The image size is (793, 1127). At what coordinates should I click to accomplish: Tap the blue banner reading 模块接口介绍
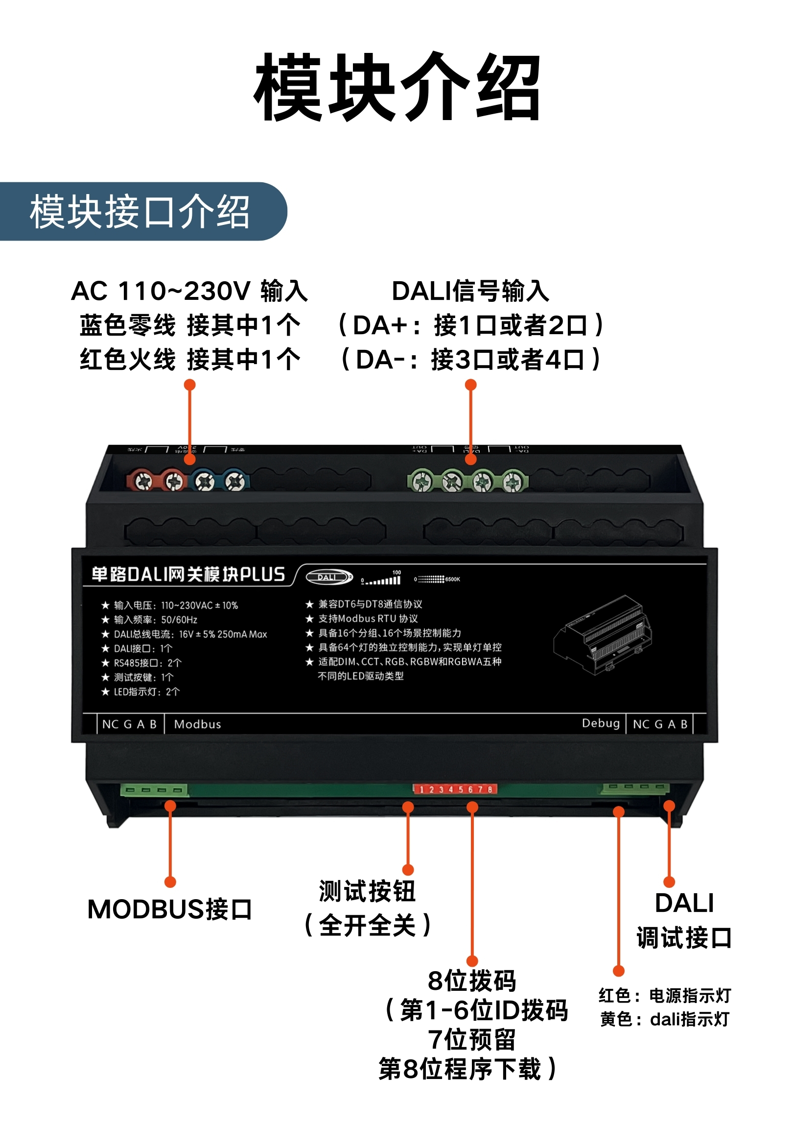click(x=140, y=212)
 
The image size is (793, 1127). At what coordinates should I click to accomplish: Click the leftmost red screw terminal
click(x=143, y=482)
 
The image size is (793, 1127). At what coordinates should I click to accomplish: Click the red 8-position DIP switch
click(x=456, y=789)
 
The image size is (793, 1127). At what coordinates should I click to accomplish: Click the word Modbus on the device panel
click(x=197, y=725)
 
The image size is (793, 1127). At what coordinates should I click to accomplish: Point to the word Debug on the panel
click(x=600, y=724)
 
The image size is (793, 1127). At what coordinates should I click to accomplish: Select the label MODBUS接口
click(x=170, y=909)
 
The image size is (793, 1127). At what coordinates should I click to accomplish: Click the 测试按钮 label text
click(x=367, y=891)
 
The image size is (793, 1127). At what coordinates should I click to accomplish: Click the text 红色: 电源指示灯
click(x=665, y=996)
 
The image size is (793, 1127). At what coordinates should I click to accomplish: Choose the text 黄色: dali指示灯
click(x=665, y=1020)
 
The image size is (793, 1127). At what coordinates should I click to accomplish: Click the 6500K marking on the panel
click(x=452, y=580)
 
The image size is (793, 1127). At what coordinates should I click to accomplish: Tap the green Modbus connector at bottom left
click(x=154, y=790)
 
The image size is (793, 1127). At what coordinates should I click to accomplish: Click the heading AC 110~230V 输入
click(x=189, y=291)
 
